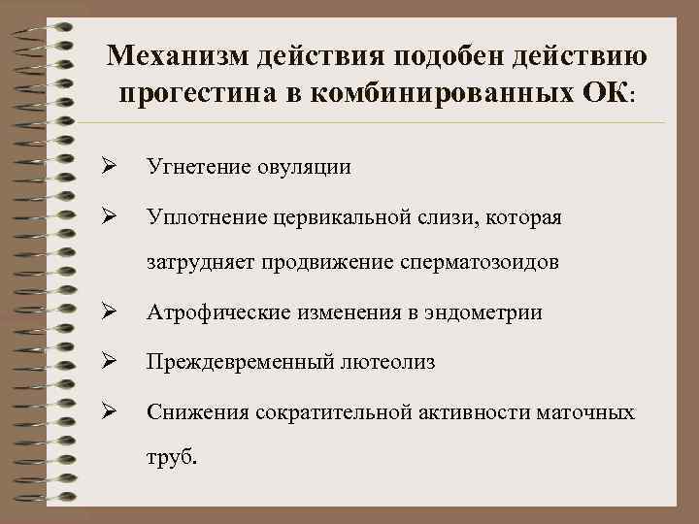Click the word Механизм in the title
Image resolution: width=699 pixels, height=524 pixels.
click(177, 56)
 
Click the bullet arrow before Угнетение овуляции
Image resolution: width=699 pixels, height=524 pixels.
click(110, 167)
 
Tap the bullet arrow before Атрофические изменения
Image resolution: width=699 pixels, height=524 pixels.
click(110, 312)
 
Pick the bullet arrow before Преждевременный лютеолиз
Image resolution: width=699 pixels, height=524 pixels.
click(110, 362)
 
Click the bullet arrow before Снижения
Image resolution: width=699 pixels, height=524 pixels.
click(110, 412)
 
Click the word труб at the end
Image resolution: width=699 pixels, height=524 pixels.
click(169, 458)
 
